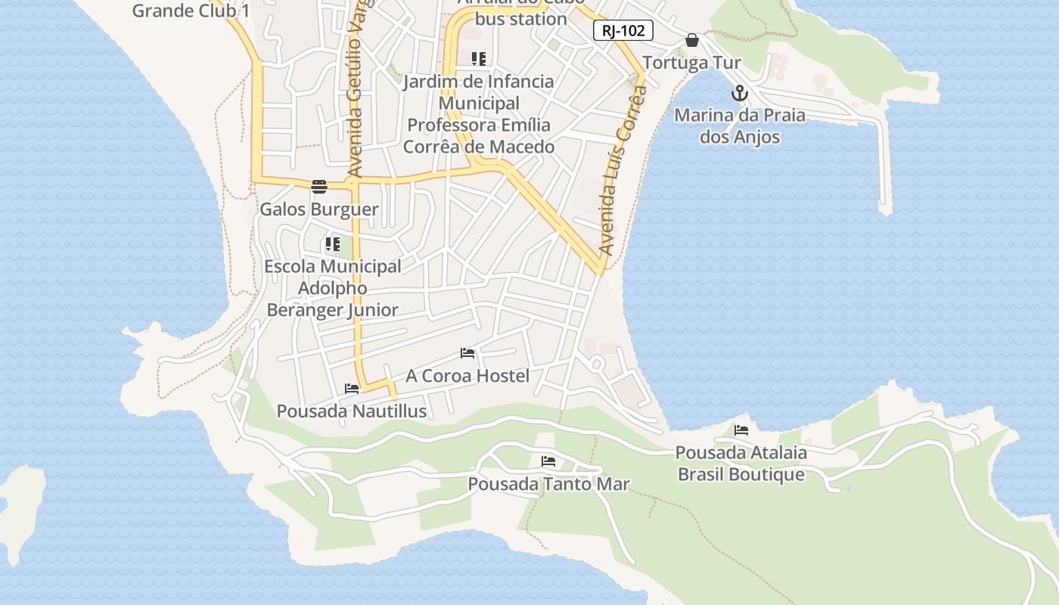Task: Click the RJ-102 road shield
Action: point(623,31)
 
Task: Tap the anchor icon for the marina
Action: point(739,94)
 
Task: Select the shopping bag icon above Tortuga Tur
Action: point(692,40)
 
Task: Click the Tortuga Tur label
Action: point(691,63)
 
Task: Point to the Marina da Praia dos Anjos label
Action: point(739,126)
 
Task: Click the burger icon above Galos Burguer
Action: point(319,187)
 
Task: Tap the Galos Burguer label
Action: point(319,209)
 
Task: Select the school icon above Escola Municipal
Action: point(332,244)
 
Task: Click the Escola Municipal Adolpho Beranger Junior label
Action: point(332,288)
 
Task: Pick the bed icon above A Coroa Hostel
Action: point(467,353)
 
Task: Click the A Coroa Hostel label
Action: point(467,376)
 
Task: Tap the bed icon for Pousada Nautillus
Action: point(352,389)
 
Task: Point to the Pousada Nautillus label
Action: point(352,411)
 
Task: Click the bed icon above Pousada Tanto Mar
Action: point(548,461)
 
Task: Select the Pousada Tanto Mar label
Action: point(548,484)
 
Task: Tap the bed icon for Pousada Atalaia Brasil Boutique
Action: point(741,430)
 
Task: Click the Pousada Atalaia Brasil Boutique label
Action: point(741,464)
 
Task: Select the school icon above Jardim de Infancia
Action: point(478,58)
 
